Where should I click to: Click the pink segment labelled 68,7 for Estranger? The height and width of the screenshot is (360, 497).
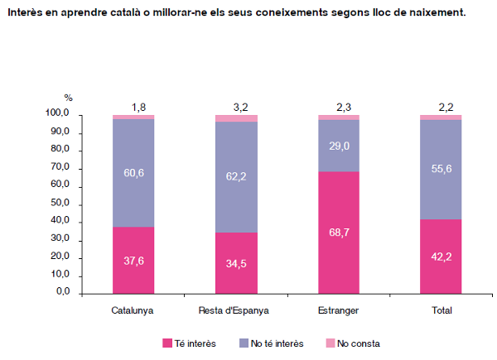click(339, 233)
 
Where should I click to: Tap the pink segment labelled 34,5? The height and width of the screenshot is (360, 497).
click(236, 263)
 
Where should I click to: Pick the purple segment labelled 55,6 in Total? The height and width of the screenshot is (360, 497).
click(442, 169)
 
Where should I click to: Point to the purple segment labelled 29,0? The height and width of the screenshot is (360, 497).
click(339, 146)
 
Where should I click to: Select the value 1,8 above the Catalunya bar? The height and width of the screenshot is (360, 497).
click(138, 107)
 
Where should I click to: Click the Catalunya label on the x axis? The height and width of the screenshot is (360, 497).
click(133, 311)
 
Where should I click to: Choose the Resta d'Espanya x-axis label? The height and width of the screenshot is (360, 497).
click(236, 311)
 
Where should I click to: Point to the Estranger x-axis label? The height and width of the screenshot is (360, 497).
click(339, 311)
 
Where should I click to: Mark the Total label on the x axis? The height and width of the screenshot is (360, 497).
click(442, 311)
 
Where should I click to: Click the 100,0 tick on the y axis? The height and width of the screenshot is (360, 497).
click(57, 114)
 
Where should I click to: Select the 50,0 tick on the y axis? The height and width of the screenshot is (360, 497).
click(60, 204)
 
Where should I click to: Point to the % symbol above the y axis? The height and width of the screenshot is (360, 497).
click(69, 98)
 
